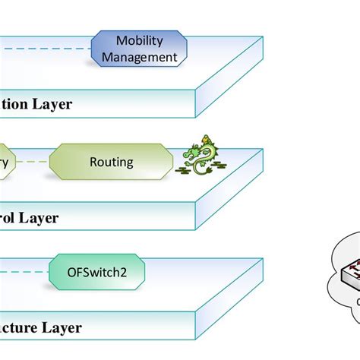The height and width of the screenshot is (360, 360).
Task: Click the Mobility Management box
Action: [139, 48]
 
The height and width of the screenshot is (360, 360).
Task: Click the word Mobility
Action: [139, 40]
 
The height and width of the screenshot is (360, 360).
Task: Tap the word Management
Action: [139, 56]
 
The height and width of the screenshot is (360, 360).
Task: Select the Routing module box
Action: [111, 161]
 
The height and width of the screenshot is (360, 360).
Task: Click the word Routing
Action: [111, 161]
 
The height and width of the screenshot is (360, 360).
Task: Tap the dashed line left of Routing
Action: [33, 161]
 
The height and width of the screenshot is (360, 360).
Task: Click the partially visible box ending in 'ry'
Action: [7, 161]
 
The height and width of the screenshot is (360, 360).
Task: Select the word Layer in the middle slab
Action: [39, 218]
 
